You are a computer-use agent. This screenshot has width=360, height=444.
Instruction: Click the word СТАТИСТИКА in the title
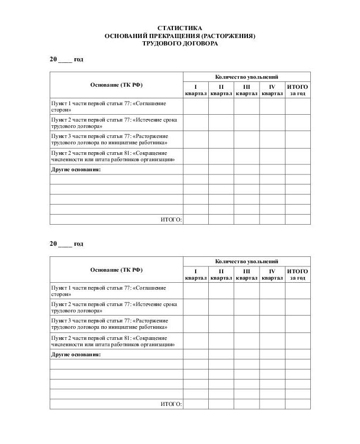click(x=180, y=28)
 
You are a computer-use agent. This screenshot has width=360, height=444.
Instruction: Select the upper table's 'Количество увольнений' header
click(x=246, y=77)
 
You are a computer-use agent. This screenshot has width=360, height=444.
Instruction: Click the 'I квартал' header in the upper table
click(x=196, y=90)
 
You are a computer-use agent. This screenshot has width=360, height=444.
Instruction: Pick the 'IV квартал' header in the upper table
click(x=272, y=90)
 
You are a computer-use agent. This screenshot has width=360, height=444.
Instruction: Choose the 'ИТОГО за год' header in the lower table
click(x=298, y=274)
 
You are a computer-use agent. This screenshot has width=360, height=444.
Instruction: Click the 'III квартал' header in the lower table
click(x=246, y=274)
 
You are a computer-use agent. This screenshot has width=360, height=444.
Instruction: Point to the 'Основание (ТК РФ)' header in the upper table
click(x=116, y=85)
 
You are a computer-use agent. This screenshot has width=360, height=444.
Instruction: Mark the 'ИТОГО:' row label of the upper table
click(x=171, y=219)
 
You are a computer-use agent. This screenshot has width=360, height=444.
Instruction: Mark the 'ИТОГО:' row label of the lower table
click(x=171, y=404)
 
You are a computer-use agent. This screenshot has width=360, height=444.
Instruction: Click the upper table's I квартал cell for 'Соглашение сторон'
click(x=196, y=106)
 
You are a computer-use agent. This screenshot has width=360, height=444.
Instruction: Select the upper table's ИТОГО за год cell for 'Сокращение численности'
click(x=298, y=156)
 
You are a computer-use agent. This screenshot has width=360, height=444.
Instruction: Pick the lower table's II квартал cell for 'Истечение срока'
click(x=221, y=307)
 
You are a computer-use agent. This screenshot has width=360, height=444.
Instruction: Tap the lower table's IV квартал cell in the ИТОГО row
click(x=272, y=404)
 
